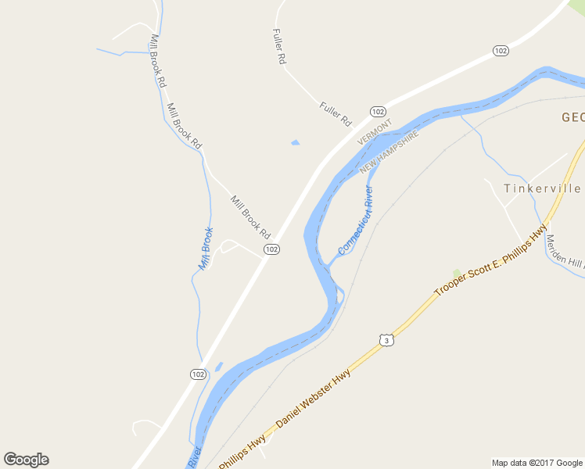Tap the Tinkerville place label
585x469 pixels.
click(542, 189)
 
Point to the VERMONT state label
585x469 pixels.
click(374, 131)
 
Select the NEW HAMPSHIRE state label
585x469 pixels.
click(390, 152)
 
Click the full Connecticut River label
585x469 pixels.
click(356, 220)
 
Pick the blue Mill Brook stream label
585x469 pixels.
click(206, 249)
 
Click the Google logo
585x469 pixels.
click(26, 460)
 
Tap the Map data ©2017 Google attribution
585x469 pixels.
click(537, 463)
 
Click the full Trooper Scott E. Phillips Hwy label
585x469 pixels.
click(490, 262)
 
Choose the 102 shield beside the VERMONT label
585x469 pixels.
click(379, 112)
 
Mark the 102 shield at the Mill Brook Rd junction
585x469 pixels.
click(271, 249)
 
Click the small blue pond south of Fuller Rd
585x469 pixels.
click(295, 142)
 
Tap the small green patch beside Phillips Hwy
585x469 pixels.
click(456, 274)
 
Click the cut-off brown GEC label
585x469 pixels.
click(572, 118)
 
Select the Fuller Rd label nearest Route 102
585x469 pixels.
click(336, 114)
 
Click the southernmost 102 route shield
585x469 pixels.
click(199, 374)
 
